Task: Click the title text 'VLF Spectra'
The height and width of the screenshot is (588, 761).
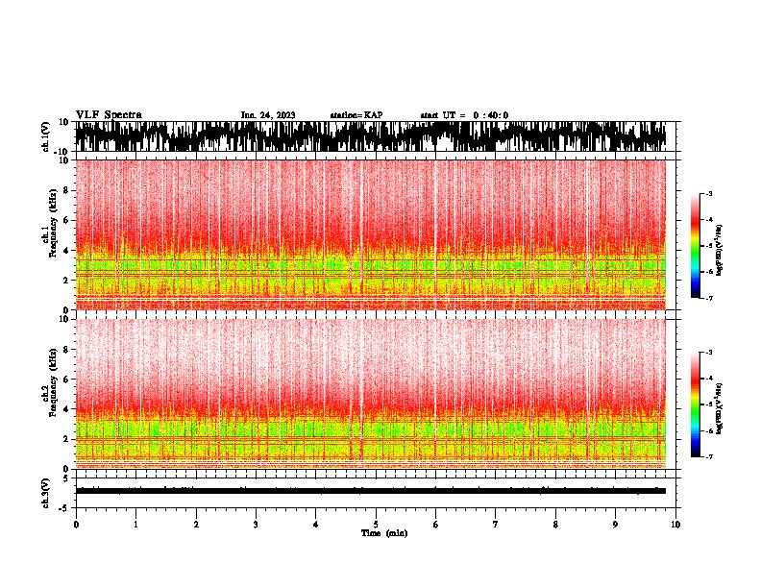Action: (109, 115)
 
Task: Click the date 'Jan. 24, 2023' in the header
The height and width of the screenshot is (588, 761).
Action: (268, 115)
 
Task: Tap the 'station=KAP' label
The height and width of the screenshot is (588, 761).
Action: (356, 115)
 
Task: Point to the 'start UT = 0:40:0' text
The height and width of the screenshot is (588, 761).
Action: (464, 115)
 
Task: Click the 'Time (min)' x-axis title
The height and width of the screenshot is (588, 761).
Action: (383, 533)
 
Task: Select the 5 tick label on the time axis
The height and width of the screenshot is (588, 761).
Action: (376, 525)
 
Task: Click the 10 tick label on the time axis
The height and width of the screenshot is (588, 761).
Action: (675, 525)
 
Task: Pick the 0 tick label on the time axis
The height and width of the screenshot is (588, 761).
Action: (76, 525)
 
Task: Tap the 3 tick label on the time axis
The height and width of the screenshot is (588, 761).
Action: (256, 525)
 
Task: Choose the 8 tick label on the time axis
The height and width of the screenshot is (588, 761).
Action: (555, 525)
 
